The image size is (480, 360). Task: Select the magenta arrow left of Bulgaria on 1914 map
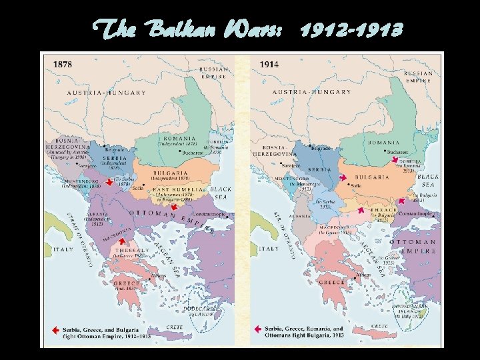click(x=343, y=179)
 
